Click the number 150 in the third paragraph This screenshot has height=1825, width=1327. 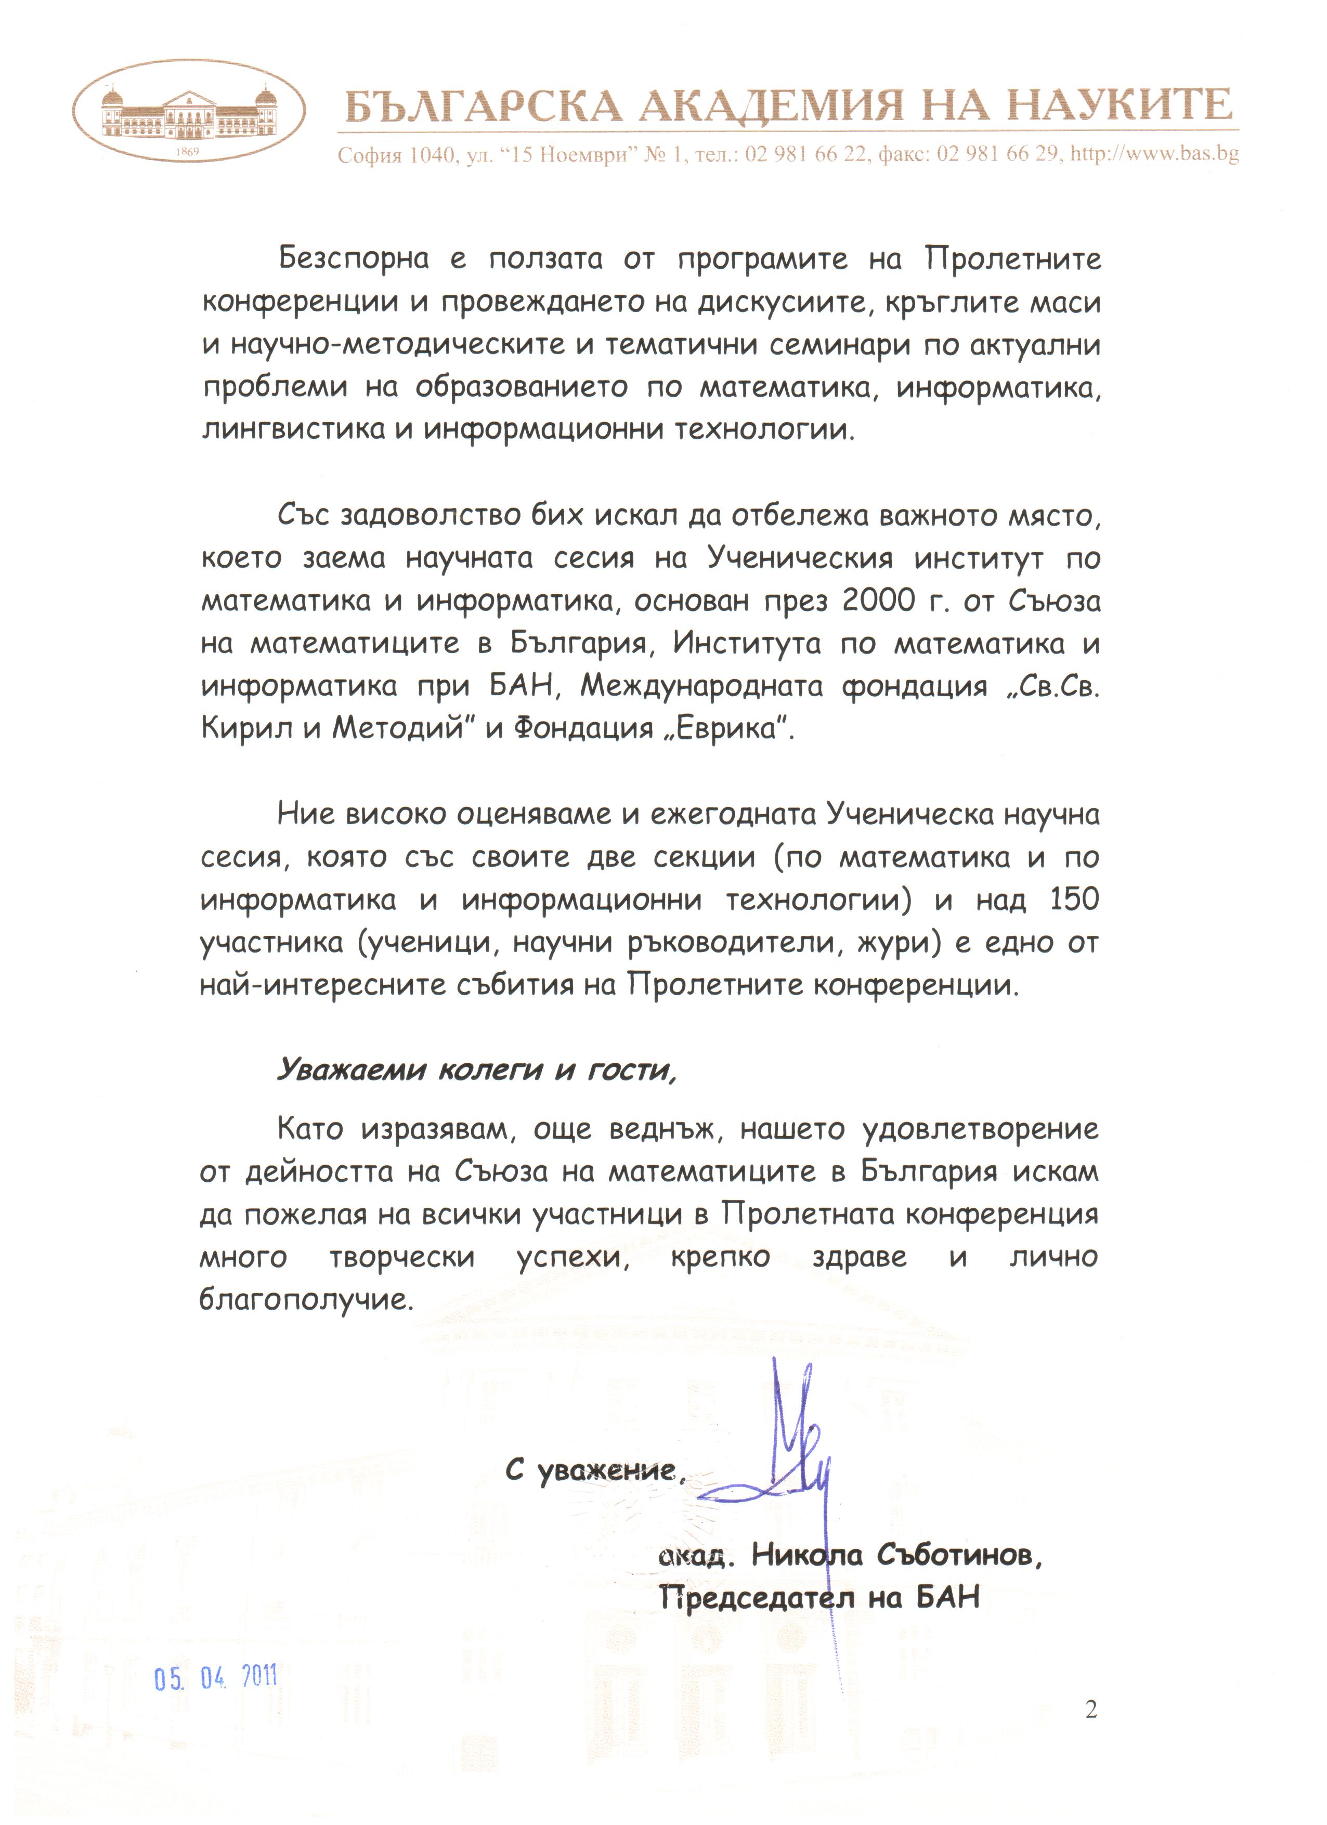1074,900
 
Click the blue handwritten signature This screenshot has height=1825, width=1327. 785,1456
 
